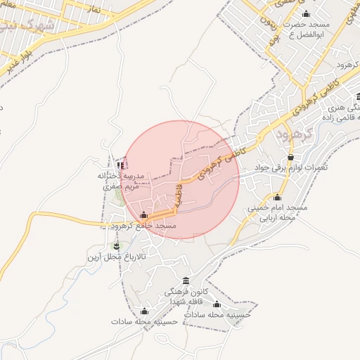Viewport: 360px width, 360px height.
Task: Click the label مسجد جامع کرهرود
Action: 143,226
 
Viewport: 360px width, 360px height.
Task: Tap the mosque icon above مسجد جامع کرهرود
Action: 144,215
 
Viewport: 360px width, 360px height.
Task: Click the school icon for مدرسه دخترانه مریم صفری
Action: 121,165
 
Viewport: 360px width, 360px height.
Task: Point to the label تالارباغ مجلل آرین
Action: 117,257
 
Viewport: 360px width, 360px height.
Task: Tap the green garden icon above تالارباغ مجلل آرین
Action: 117,246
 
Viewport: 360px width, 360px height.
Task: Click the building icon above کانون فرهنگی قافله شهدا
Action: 186,281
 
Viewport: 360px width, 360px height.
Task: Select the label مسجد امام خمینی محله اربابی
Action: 278,213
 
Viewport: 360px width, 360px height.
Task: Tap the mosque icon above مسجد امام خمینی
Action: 277,198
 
